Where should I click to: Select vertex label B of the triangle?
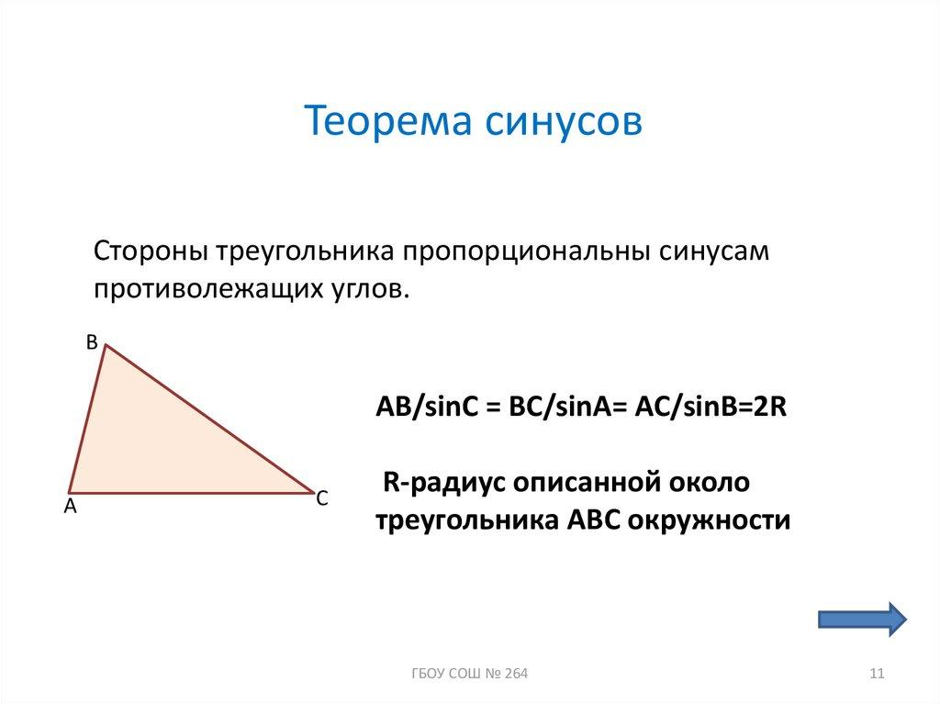91,341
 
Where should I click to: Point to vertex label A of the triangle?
69,506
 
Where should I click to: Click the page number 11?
876,675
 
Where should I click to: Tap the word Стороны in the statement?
151,251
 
